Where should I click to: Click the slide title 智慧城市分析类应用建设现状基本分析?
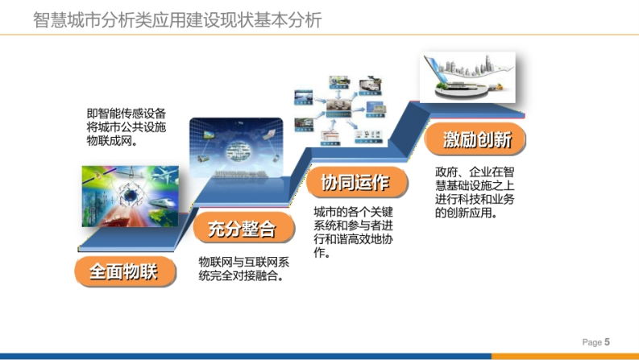pos(177,20)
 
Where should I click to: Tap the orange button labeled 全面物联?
pos(125,271)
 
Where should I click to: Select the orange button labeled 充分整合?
pos(243,228)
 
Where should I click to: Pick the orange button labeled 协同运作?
pos(357,182)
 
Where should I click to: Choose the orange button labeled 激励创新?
pos(475,139)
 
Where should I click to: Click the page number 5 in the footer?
pos(607,342)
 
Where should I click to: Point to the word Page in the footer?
pos(592,342)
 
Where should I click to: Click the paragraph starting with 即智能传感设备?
pos(126,127)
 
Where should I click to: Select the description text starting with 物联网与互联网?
pos(243,269)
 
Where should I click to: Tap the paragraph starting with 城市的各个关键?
pos(353,232)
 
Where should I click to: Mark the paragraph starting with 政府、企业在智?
pos(475,192)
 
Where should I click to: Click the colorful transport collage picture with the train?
pos(131,196)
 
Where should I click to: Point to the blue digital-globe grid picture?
pos(236,148)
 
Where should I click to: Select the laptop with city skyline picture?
pos(468,77)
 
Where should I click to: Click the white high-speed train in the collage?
pos(162,202)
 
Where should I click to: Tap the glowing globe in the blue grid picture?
pos(240,151)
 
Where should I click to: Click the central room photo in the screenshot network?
pos(338,108)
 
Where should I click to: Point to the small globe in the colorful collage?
pos(131,196)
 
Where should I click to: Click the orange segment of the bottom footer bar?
pos(565,356)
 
